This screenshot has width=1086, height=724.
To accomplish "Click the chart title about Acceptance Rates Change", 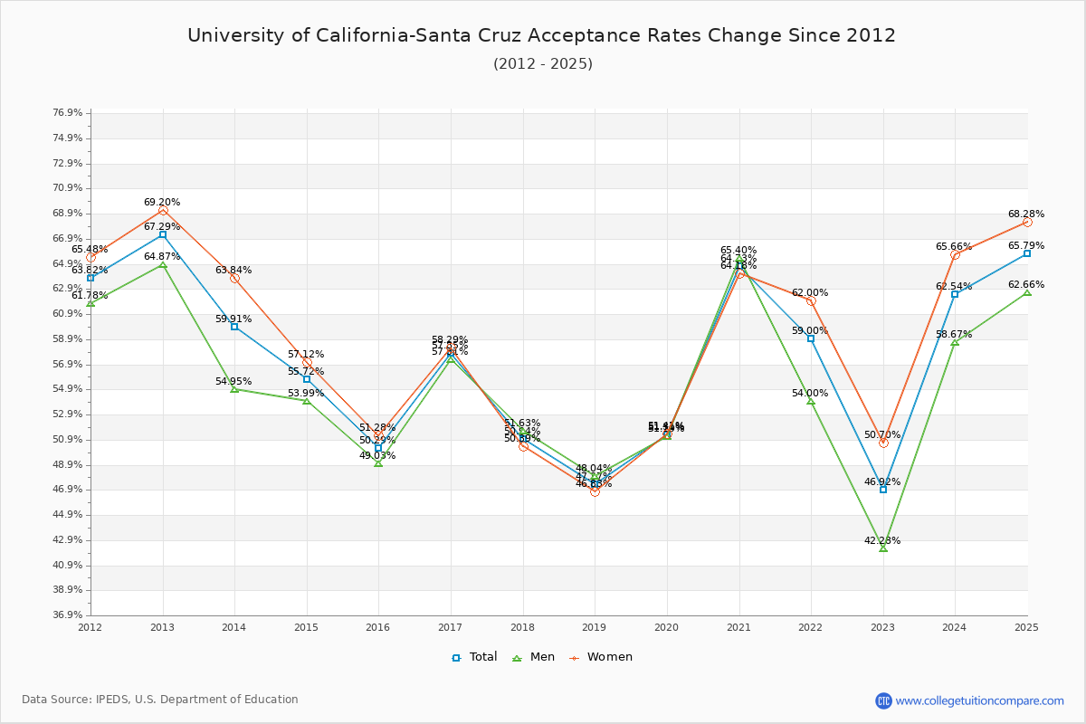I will coord(541,35).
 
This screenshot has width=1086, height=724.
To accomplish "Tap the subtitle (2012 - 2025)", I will coord(542,63).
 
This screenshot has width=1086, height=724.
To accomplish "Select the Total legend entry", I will coord(474,657).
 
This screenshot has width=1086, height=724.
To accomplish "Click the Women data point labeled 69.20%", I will coord(163,211).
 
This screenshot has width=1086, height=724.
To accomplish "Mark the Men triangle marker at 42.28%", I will coord(883,548).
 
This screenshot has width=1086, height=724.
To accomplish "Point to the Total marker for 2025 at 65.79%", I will coord(1027,253).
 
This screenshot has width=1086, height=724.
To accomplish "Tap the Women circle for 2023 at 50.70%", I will coord(883,443).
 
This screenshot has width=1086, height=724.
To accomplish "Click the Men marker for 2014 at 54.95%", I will coord(234,389).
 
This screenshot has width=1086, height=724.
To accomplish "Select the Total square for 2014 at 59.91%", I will coord(234,327).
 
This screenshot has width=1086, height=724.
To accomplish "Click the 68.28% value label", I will coord(1026,214).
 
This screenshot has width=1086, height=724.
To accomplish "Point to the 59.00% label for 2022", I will coord(810,331).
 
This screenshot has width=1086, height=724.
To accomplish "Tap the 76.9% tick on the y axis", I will coord(68,113).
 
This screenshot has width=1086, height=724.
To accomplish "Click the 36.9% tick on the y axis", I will coord(68,615).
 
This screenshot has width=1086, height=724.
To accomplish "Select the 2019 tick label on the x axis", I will coord(595,626).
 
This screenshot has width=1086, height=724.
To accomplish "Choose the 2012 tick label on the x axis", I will coord(90,626).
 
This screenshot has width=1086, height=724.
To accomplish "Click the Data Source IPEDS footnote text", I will coord(160,700).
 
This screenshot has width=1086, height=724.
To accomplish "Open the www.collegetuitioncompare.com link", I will coord(979,700).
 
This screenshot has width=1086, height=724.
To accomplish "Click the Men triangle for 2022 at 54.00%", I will coord(811,401).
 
